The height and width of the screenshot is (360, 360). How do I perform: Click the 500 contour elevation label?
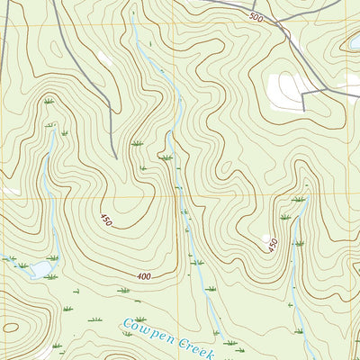[256, 18]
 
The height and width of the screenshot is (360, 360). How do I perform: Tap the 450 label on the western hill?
[106, 220]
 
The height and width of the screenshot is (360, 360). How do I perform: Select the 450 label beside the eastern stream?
[274, 244]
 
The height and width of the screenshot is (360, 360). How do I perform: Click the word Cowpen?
[143, 328]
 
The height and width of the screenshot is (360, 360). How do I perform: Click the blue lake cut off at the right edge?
[355, 41]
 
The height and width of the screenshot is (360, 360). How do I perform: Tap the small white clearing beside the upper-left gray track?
[105, 58]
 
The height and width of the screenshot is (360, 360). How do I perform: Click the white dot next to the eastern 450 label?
[266, 239]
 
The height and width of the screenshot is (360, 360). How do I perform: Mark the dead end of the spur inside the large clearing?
[303, 110]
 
